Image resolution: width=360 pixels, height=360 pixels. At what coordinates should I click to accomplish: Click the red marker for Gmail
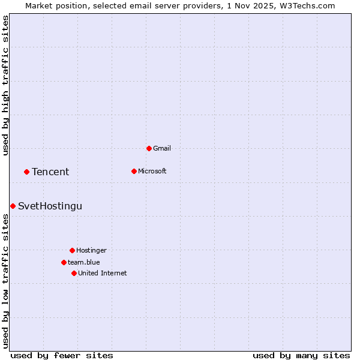tap(149, 148)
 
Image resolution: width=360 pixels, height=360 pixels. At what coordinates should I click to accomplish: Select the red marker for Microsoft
tap(134, 171)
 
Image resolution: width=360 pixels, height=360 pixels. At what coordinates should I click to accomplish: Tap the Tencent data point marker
tap(26, 172)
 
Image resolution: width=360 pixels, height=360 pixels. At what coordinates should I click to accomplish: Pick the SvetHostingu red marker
tap(13, 206)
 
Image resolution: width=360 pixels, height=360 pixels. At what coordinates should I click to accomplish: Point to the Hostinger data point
tap(72, 250)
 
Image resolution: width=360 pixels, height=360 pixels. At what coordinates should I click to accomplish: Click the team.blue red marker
tap(64, 262)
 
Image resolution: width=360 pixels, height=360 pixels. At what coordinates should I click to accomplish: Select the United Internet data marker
tap(74, 273)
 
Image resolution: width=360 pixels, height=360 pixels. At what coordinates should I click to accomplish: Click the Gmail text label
tap(162, 148)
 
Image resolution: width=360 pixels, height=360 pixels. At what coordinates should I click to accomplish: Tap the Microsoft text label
tap(152, 171)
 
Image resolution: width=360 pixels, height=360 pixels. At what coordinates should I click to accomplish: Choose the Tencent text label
tap(50, 172)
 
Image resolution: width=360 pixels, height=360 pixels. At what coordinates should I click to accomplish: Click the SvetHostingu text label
tap(50, 206)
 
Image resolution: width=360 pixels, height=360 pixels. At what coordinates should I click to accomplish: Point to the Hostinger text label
tap(91, 250)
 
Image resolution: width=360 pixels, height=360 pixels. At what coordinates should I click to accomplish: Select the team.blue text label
tap(84, 262)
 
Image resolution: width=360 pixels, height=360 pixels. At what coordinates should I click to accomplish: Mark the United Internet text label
tap(103, 273)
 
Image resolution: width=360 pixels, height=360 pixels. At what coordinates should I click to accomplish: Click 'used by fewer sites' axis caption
tap(62, 355)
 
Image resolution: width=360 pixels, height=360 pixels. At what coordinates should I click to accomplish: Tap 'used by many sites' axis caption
tap(301, 355)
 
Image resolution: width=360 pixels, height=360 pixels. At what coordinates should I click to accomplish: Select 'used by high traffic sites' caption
tap(6, 85)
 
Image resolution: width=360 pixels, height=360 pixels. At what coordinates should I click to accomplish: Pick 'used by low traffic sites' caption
tap(6, 281)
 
